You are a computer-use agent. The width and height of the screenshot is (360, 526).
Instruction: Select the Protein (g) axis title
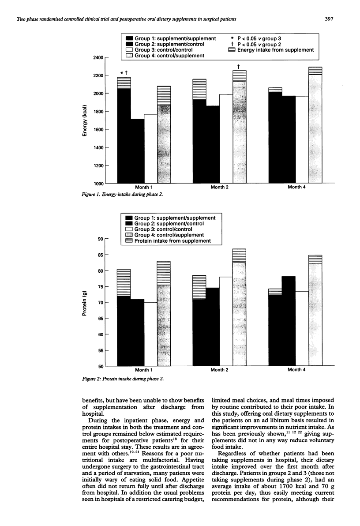(x=84, y=302)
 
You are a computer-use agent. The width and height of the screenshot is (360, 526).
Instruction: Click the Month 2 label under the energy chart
(x=220, y=188)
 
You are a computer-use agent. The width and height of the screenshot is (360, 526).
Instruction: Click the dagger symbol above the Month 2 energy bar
(x=239, y=67)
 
